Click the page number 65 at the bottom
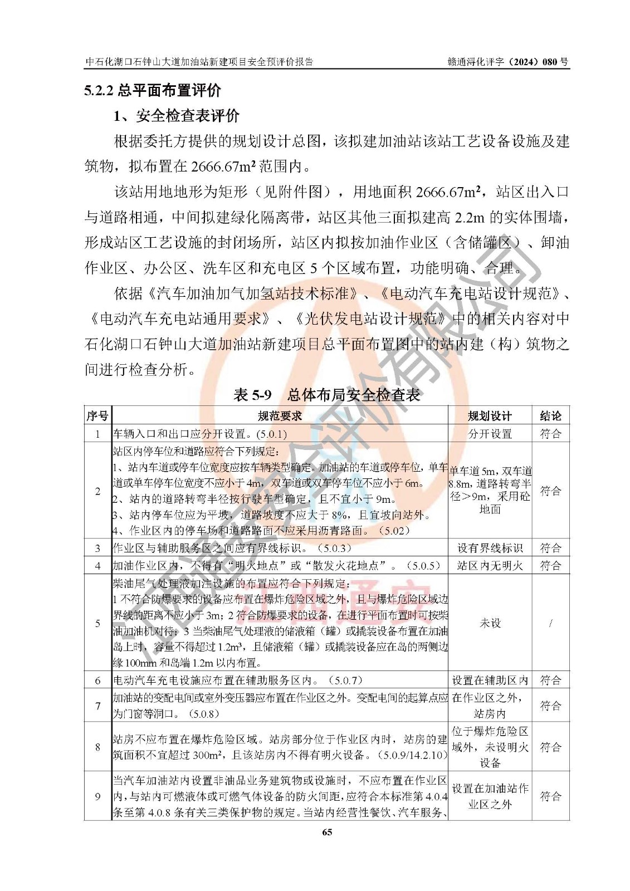click(x=326, y=832)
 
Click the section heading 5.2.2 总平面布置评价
click(x=153, y=90)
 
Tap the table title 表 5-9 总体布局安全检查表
click(x=327, y=395)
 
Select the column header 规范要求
click(x=280, y=415)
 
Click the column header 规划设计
click(x=490, y=415)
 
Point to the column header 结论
click(x=550, y=415)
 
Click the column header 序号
click(x=97, y=415)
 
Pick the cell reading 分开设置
click(x=490, y=433)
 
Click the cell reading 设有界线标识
click(x=490, y=548)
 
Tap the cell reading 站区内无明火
click(x=490, y=565)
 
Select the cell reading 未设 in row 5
click(x=490, y=623)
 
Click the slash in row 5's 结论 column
click(x=550, y=623)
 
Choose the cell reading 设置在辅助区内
click(x=490, y=680)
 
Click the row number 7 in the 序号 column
click(x=97, y=706)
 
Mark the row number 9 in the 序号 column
click(x=97, y=796)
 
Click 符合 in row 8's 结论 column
click(x=550, y=747)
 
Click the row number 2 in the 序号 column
click(x=97, y=491)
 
